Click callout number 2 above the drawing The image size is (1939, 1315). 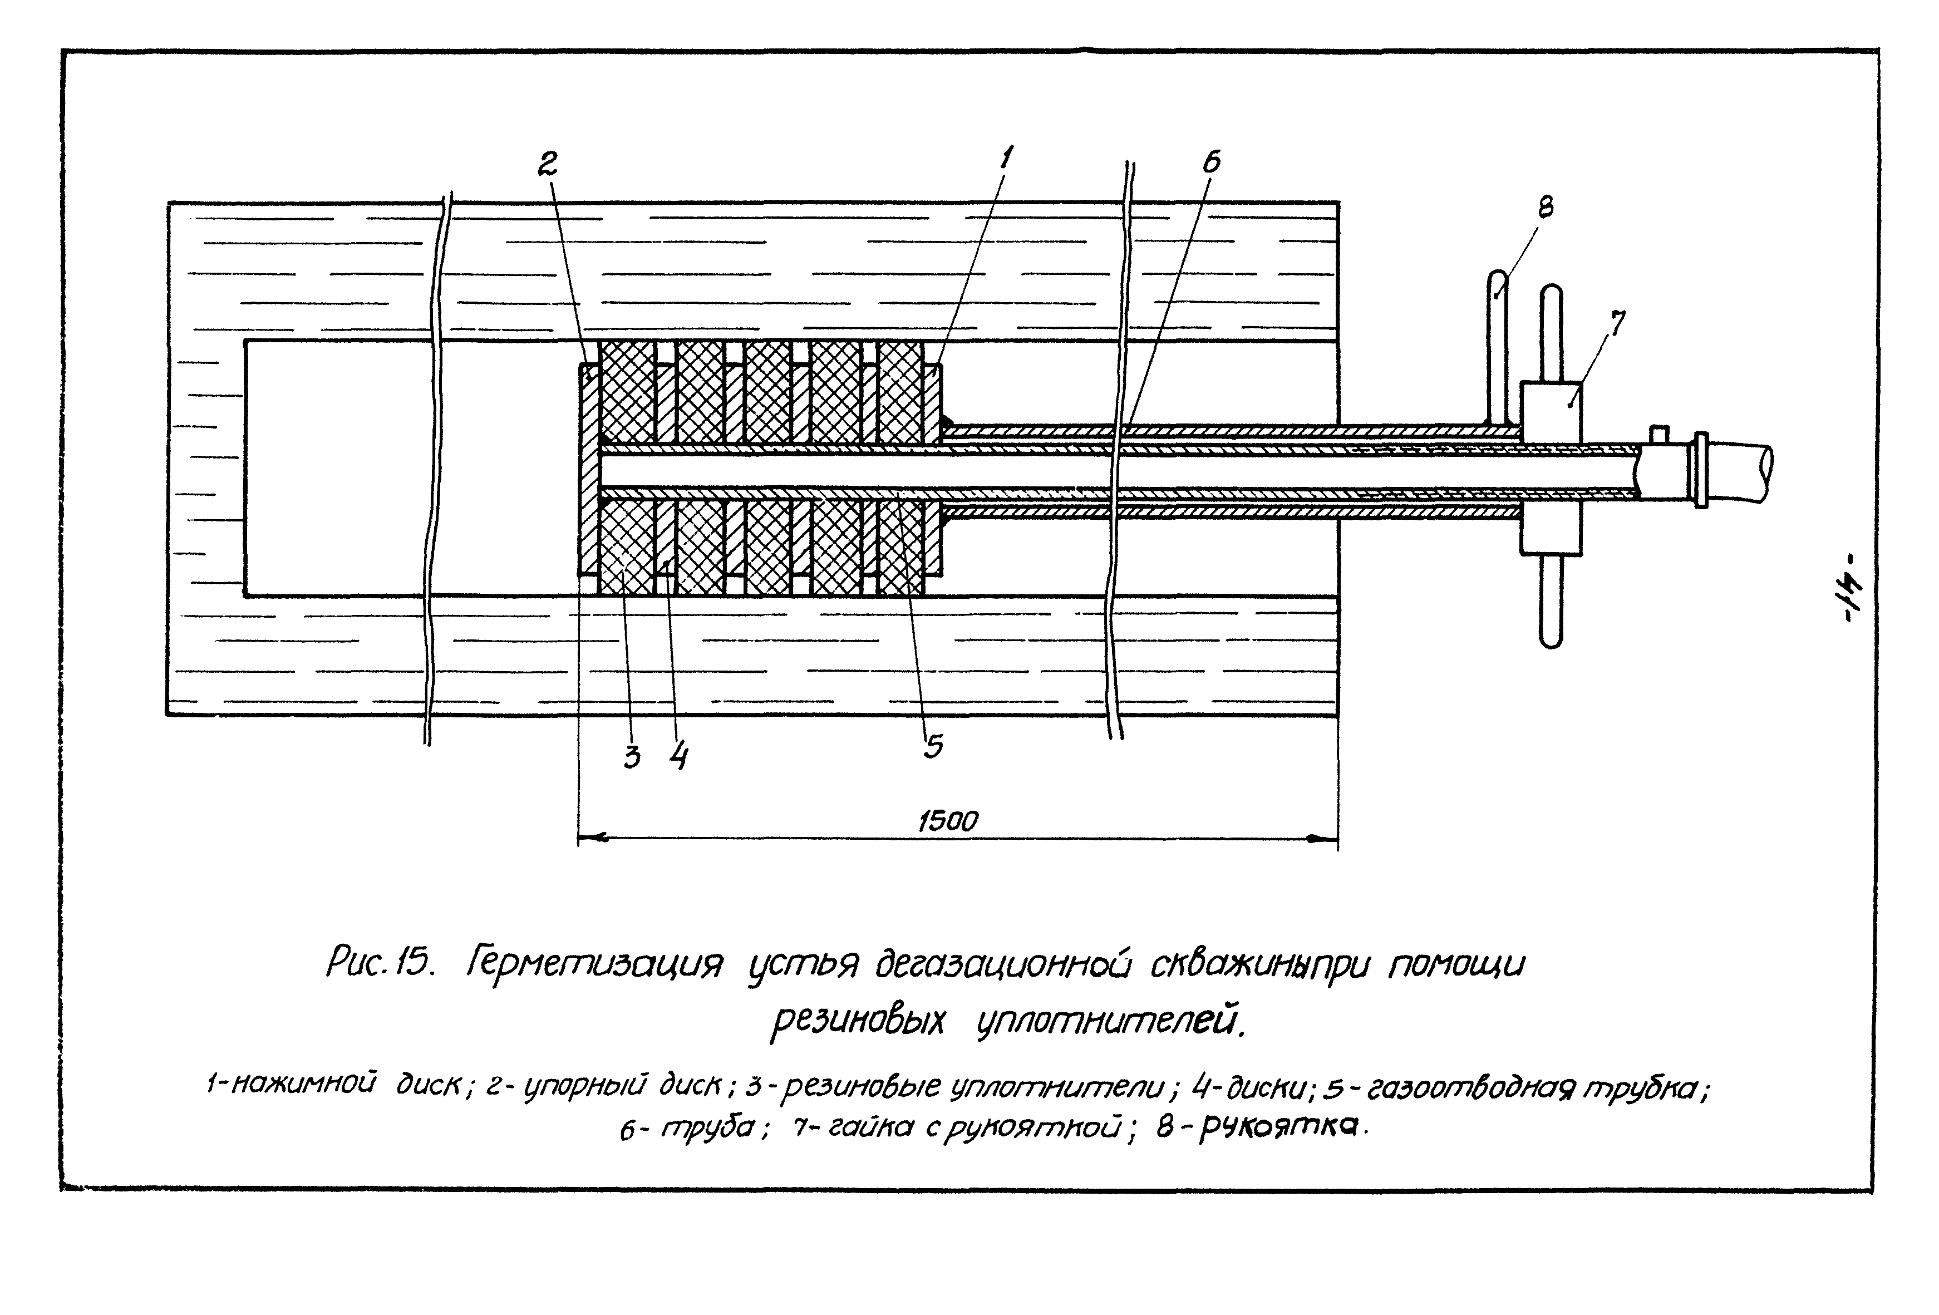click(547, 164)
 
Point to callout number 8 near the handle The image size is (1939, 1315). click(1544, 205)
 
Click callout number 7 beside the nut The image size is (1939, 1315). click(1618, 323)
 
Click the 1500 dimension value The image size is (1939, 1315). click(948, 822)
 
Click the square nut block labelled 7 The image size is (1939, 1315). click(1550, 468)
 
